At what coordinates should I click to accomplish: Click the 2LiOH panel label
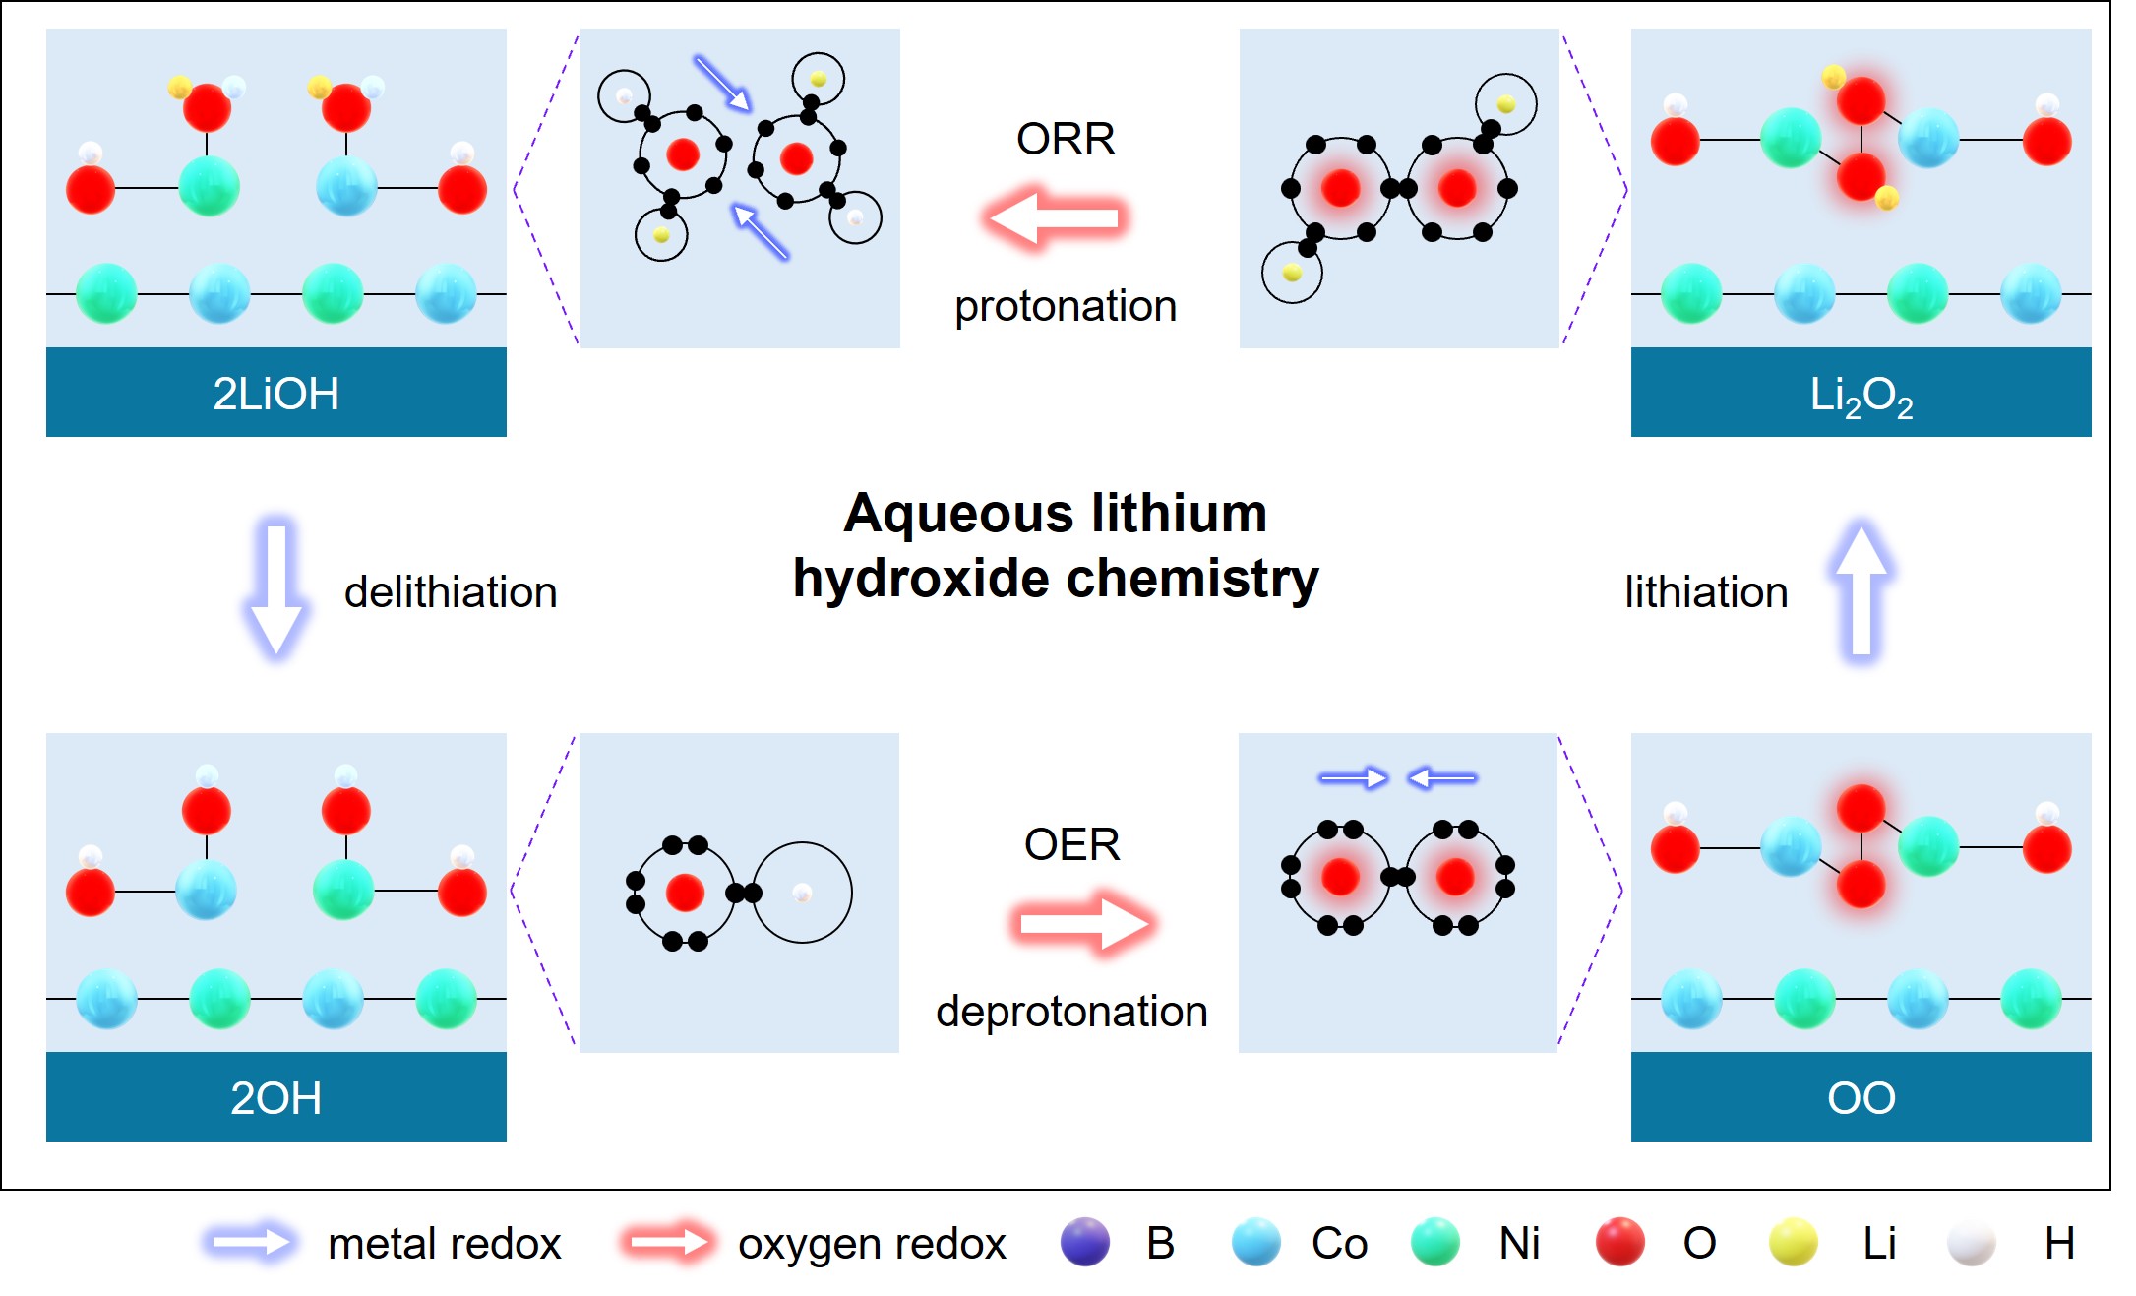(275, 394)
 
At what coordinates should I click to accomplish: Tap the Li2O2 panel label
(1861, 396)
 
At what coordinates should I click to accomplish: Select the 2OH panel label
(275, 1098)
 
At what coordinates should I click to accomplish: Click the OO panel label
(1861, 1098)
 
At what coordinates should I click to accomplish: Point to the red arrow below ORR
(1055, 216)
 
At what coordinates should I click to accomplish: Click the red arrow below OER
(1082, 923)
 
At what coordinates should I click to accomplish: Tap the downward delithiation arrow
(276, 588)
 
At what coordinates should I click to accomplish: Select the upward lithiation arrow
(1861, 588)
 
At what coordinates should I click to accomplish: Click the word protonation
(1066, 306)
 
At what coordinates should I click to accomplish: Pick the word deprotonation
(1071, 1012)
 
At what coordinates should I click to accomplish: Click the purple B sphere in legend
(1084, 1242)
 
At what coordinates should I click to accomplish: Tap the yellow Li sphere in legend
(1793, 1242)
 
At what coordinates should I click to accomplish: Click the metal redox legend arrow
(252, 1243)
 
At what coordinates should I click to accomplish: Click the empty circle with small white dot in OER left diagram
(802, 893)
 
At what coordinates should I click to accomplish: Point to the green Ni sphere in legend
(1434, 1242)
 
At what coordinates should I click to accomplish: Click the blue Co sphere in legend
(1255, 1242)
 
